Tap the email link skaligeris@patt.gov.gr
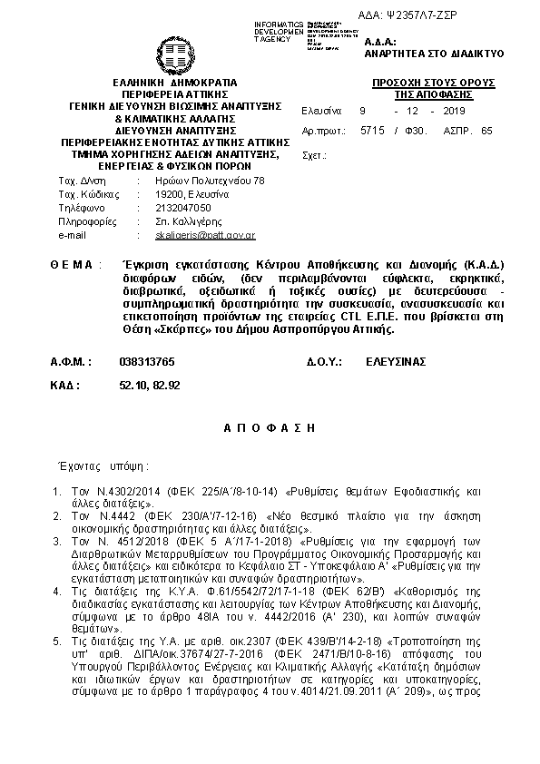205,235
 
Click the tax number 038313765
147,361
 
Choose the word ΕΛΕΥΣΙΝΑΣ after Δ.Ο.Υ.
395,361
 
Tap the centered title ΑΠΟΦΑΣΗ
269,425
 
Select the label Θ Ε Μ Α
72,265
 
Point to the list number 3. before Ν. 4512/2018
55,540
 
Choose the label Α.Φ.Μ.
71,361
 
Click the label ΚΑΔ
65,386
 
